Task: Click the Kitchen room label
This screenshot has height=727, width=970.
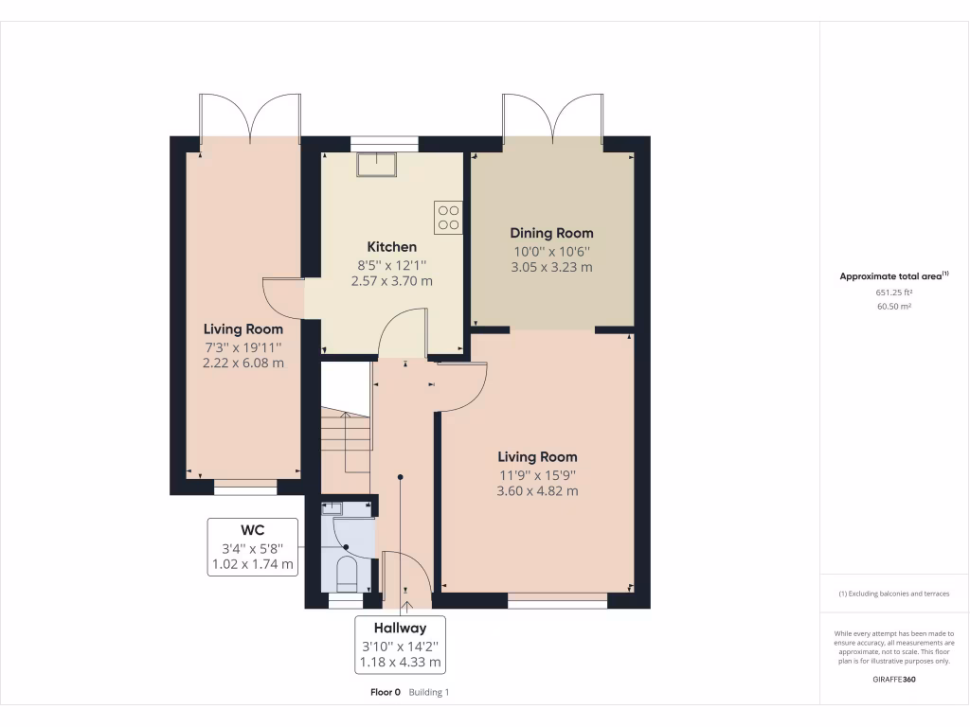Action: click(392, 247)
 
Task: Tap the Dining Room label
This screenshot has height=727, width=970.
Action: click(551, 233)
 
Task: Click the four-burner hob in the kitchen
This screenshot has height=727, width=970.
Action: click(448, 218)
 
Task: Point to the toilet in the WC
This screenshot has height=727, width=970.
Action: click(347, 574)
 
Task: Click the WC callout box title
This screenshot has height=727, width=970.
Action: click(253, 530)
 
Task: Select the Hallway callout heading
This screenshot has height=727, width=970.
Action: click(399, 628)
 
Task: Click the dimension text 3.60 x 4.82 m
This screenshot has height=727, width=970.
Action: click(537, 491)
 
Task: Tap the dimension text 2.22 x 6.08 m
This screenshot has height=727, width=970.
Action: click(243, 363)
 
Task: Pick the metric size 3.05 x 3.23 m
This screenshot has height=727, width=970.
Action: click(551, 267)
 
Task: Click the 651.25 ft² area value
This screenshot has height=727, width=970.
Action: click(893, 293)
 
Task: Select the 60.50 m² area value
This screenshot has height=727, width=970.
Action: click(893, 307)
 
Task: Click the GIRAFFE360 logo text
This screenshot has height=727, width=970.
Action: click(893, 679)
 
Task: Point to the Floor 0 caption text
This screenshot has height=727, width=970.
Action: click(386, 692)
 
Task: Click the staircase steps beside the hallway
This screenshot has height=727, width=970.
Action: click(343, 440)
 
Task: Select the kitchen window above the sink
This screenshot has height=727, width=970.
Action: click(384, 144)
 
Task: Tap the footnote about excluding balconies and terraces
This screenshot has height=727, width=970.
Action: click(893, 594)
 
